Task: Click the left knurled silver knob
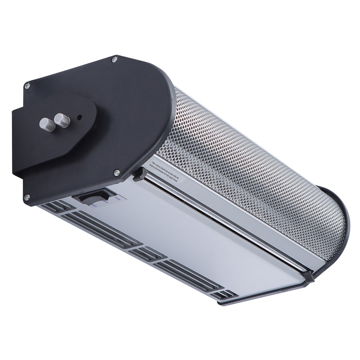47,125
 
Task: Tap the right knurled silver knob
62,120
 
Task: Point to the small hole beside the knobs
80,117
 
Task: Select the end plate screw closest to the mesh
117,173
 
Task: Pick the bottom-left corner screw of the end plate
26,198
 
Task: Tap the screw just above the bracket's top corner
27,86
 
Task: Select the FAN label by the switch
117,198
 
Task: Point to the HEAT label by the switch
94,206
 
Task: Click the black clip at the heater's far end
308,276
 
